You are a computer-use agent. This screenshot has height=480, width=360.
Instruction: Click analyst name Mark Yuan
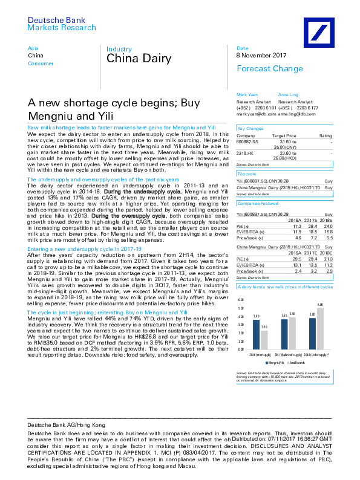coord(246,95)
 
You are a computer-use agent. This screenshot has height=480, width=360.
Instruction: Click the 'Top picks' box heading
coord(247,173)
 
